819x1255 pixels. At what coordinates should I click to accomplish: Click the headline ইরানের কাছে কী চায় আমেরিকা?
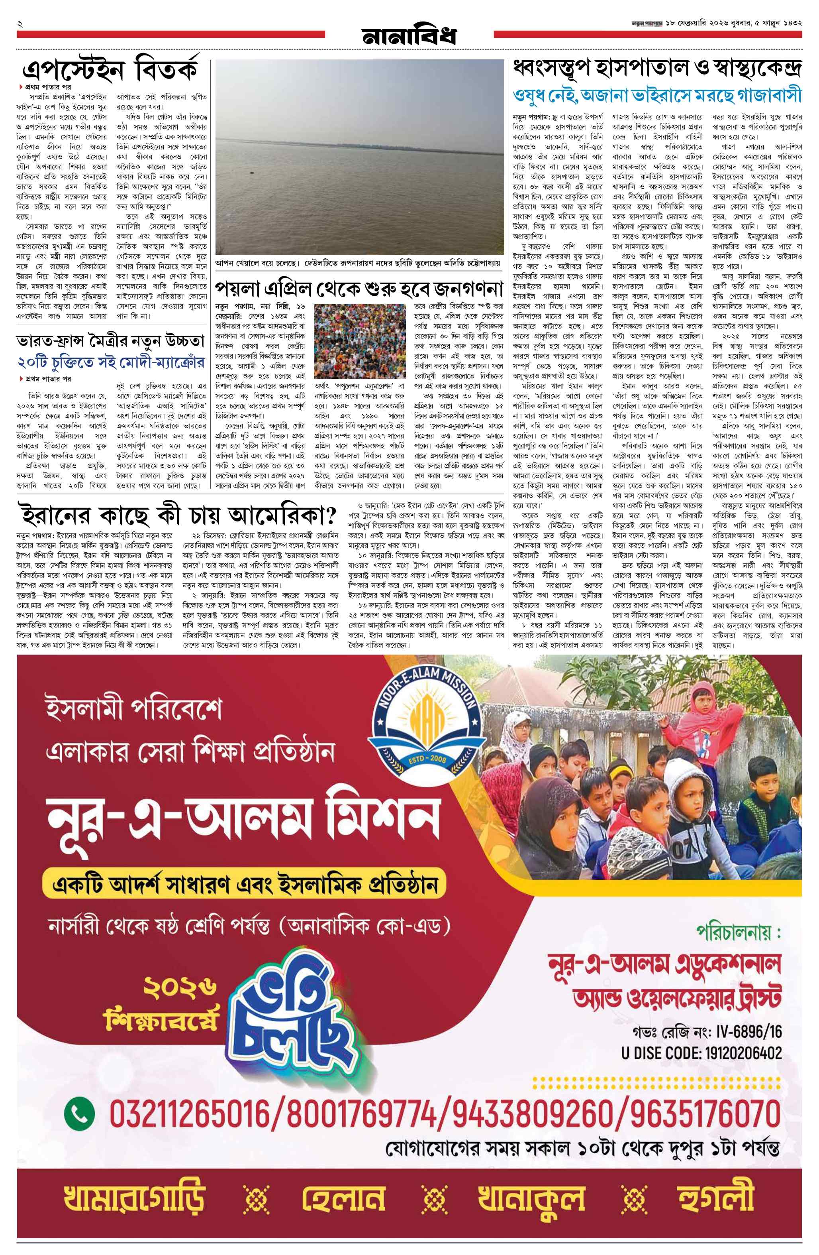(178, 512)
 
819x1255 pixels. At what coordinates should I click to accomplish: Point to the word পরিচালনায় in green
(736, 932)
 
